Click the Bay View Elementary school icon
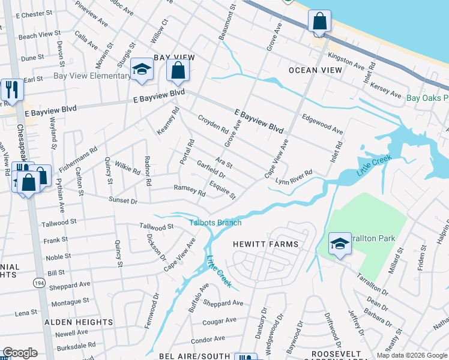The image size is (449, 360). click(142, 70)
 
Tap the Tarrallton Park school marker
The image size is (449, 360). click(340, 244)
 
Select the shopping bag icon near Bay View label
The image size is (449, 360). click(178, 71)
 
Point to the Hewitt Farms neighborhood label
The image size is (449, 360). click(266, 244)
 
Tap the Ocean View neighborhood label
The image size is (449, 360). click(315, 70)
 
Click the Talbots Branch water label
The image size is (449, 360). click(216, 223)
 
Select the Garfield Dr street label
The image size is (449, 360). click(210, 170)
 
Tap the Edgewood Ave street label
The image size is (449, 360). click(322, 124)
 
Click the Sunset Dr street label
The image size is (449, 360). click(123, 200)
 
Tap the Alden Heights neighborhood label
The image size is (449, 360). click(75, 322)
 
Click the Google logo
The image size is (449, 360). click(20, 353)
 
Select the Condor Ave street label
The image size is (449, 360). click(208, 340)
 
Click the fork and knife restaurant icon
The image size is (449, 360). click(12, 89)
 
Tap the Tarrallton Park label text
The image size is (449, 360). click(375, 238)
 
